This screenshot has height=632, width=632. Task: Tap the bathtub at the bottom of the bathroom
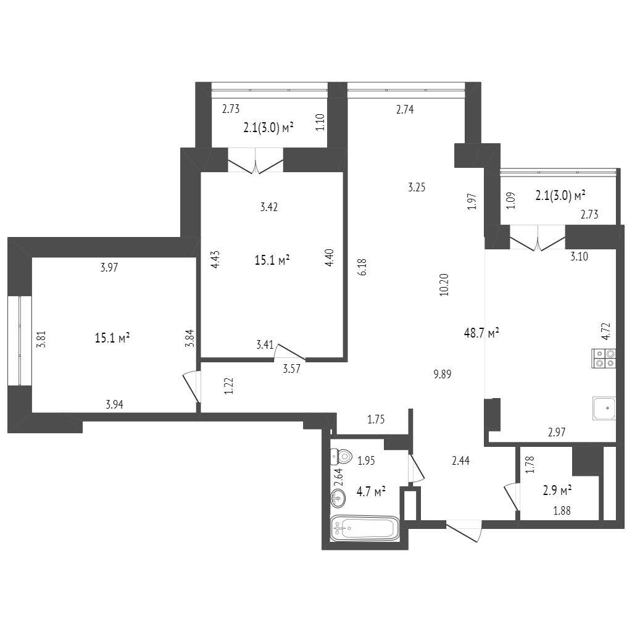(x=365, y=528)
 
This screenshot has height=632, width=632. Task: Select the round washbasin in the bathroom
(x=338, y=499)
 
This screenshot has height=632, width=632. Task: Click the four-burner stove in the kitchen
(x=604, y=359)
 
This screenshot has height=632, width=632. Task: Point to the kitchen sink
(x=604, y=409)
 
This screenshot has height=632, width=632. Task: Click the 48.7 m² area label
(x=481, y=333)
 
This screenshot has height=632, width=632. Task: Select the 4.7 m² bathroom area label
(x=371, y=491)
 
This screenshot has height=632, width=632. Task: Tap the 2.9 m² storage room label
(x=557, y=491)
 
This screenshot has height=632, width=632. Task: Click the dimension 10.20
(x=444, y=285)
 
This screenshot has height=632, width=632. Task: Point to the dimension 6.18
(x=362, y=267)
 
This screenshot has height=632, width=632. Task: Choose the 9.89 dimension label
(x=442, y=374)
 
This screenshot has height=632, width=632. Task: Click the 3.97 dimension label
(x=109, y=267)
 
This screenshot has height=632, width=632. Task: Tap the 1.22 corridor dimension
(x=228, y=385)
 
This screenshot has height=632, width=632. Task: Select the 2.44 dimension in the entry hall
(x=460, y=460)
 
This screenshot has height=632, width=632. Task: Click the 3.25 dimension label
(x=417, y=188)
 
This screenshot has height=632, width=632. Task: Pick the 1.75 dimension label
(x=376, y=420)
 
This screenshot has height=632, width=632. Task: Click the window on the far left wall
(x=20, y=341)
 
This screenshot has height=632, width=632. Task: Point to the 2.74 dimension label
(x=405, y=110)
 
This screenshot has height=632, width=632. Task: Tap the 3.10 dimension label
(x=579, y=256)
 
